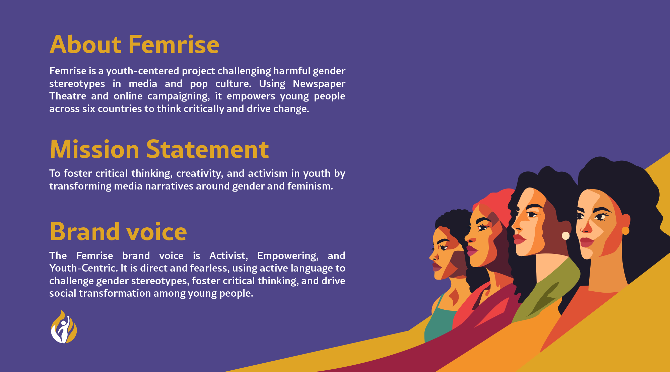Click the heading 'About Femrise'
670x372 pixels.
click(x=134, y=45)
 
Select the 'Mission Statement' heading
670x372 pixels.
click(x=159, y=149)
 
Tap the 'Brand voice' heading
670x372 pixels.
click(x=118, y=231)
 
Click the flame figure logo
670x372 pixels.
click(x=64, y=327)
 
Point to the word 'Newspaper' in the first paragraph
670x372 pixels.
click(x=319, y=84)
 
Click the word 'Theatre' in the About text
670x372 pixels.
click(x=68, y=96)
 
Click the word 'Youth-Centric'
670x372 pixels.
click(x=83, y=268)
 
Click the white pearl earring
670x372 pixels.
click(x=565, y=236)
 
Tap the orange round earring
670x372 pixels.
click(x=625, y=231)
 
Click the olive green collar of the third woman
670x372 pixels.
click(x=549, y=288)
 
